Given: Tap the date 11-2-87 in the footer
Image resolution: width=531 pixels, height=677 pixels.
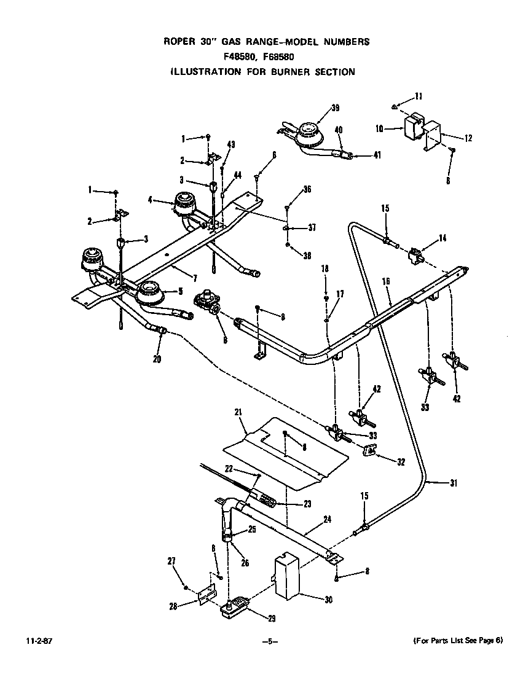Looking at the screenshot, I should pos(38,641).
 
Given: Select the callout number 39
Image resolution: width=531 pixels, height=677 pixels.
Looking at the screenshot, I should pos(335,109).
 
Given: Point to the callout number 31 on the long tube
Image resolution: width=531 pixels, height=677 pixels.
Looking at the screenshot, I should pos(454,483).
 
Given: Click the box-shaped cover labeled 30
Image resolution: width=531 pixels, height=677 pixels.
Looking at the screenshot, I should pos(286,576).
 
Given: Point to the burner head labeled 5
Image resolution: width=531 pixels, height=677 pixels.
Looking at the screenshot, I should pos(151,291).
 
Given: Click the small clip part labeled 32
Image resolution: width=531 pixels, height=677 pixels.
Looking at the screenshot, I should pos(370,452).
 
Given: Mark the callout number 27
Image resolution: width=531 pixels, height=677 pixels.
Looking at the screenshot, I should pos(171,560).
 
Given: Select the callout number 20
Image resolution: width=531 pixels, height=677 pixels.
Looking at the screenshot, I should pos(157,359).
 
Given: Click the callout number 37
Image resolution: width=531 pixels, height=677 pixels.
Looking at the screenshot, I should pos(312,227).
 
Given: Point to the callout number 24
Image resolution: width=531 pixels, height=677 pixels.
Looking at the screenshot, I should pos(327,519).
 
